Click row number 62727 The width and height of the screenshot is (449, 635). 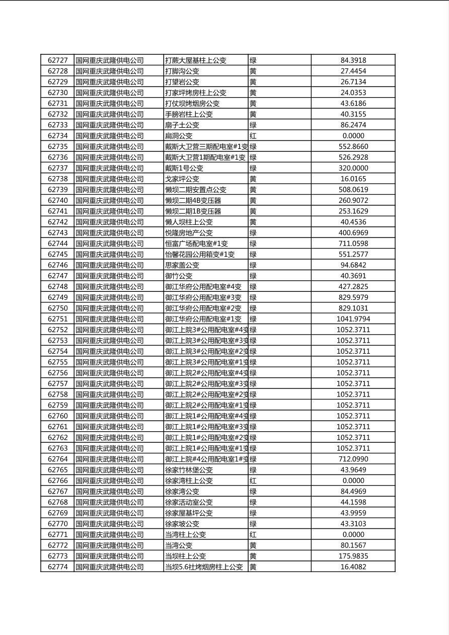point(57,60)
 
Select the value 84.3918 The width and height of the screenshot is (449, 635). point(353,60)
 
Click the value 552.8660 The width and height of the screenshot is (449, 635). point(353,146)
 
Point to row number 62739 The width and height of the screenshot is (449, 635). point(57,190)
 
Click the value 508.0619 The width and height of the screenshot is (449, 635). point(353,190)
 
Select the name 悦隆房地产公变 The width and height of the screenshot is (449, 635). point(189,233)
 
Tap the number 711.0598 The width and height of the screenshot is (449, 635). point(353,244)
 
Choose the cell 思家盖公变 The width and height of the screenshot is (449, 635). point(182,265)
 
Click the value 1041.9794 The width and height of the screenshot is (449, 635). point(353,319)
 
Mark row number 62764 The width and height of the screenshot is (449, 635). point(57,459)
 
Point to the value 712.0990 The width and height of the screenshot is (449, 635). point(353,459)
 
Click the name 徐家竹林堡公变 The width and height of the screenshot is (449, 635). point(189,470)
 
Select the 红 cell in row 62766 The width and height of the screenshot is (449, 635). point(253,481)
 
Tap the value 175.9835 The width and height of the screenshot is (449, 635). point(353,556)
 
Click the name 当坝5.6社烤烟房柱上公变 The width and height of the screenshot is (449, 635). point(204,567)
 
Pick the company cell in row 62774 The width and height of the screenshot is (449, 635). point(110,567)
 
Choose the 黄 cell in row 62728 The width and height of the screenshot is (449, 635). point(253,71)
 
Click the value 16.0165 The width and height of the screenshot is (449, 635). point(353,179)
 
